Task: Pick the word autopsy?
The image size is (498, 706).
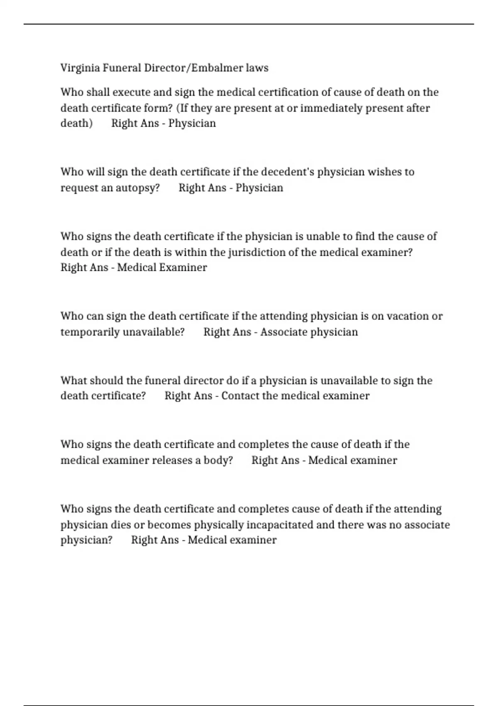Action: [x=137, y=188]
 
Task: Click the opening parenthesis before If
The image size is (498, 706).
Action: [x=178, y=108]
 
